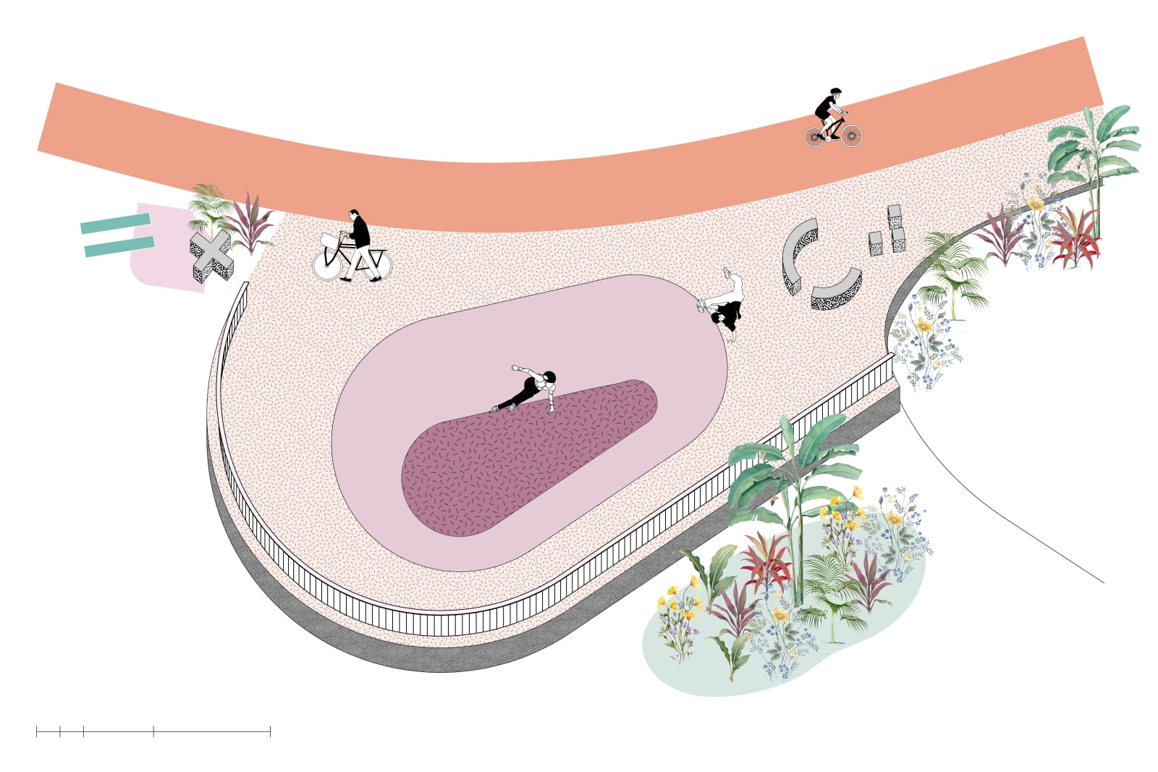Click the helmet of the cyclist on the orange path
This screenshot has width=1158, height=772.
pyautogui.click(x=836, y=92)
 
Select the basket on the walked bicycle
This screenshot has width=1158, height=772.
pyautogui.click(x=329, y=240)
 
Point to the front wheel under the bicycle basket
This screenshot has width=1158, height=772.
pyautogui.click(x=326, y=265)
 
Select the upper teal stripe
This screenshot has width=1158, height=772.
pyautogui.click(x=115, y=223)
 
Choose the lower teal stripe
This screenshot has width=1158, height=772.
pyautogui.click(x=119, y=246)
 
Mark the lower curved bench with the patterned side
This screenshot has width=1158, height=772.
pyautogui.click(x=836, y=290)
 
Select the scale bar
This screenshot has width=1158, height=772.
pyautogui.click(x=153, y=731)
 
